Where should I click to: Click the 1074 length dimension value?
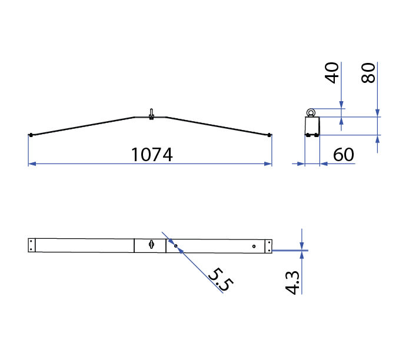coord(152,155)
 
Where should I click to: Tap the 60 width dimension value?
coord(344,155)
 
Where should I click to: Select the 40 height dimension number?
coord(332,73)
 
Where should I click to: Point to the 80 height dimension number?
coord(368,73)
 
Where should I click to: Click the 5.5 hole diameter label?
coord(221,279)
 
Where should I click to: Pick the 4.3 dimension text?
coord(292,282)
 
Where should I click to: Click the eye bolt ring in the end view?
coord(311,113)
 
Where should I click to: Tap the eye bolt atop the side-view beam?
coord(151,114)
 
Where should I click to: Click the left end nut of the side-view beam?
coord(31,135)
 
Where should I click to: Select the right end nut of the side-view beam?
coord(269,135)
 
